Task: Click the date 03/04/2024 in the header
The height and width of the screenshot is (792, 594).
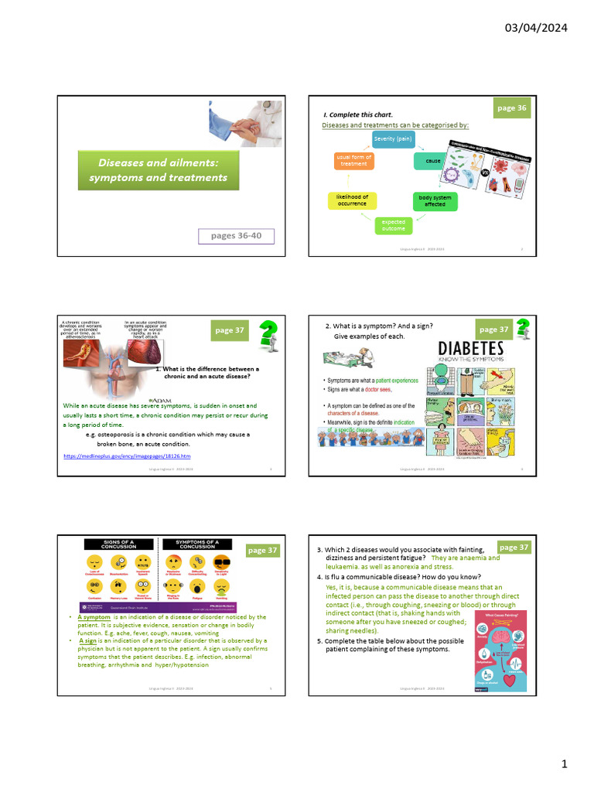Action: pos(536,28)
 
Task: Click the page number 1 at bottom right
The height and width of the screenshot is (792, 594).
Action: pos(565,764)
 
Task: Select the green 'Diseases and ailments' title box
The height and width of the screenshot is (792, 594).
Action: pos(157,170)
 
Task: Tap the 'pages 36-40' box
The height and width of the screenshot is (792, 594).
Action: pos(236,236)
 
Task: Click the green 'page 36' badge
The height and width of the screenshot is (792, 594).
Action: pos(511,108)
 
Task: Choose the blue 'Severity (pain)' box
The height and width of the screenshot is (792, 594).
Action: pos(394,139)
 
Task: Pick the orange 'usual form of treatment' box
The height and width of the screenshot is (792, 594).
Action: pos(353,160)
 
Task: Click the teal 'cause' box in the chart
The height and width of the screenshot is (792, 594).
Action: pos(433,161)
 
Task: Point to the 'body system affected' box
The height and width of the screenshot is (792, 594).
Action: pos(435,201)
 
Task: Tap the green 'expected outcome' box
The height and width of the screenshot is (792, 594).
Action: pos(393,225)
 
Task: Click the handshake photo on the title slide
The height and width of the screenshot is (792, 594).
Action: pos(247,124)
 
